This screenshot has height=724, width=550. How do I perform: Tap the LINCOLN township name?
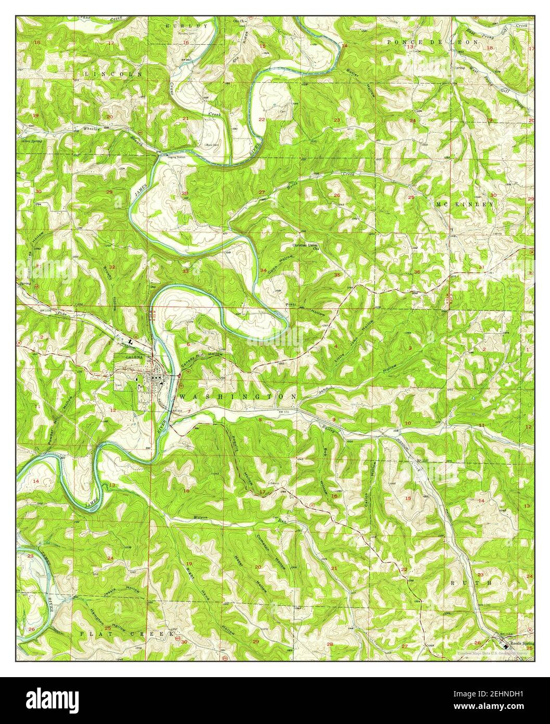pos(113,75)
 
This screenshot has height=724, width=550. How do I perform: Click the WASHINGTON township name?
pos(239,396)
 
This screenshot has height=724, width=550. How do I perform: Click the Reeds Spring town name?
pos(521,643)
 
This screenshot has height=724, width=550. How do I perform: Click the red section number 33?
pos(186,271)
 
